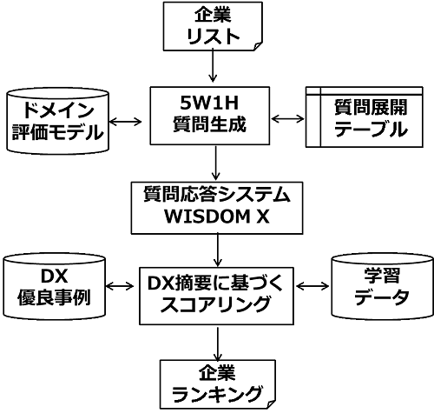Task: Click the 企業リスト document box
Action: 213,26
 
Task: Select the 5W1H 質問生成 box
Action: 210,116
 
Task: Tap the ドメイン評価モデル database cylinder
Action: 58,120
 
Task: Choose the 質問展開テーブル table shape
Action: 365,117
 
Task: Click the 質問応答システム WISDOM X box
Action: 217,208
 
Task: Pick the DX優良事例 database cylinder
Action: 55,286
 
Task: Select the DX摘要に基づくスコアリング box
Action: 216,296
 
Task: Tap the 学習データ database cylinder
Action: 382,286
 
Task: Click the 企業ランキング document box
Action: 218,384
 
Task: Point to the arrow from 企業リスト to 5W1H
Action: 213,65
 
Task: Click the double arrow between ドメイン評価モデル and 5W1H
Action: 126,122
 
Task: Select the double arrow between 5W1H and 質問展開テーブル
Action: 288,118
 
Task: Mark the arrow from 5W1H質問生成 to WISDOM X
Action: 215,163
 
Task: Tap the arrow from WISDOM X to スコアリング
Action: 217,250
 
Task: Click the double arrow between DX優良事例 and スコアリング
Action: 120,287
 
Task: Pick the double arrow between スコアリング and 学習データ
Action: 312,286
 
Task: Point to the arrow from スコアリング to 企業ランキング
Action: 217,343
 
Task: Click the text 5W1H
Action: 209,103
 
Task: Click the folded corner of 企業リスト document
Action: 258,46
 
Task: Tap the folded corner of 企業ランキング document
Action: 271,404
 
